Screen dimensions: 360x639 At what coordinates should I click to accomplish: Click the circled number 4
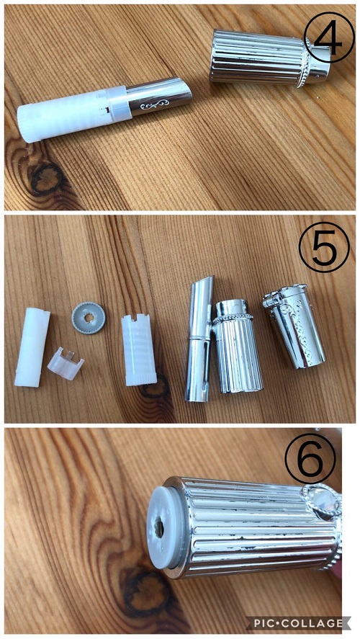tap(329, 37)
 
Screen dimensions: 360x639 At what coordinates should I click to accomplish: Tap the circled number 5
tap(324, 247)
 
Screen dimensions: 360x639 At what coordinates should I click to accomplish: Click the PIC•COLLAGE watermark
tap(299, 623)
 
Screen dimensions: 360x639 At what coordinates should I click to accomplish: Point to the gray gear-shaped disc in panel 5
tap(89, 318)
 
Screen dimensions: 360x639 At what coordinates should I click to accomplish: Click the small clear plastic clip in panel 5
tap(65, 363)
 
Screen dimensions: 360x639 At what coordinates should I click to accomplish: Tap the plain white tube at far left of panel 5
tap(32, 347)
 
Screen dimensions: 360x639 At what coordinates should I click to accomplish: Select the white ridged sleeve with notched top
tap(138, 349)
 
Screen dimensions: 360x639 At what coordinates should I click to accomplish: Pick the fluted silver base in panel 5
tap(238, 347)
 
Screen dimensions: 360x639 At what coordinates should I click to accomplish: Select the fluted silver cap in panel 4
tap(269, 57)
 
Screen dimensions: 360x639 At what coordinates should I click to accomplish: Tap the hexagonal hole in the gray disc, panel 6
tap(158, 529)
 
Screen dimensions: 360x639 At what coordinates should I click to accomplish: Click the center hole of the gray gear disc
tap(89, 318)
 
